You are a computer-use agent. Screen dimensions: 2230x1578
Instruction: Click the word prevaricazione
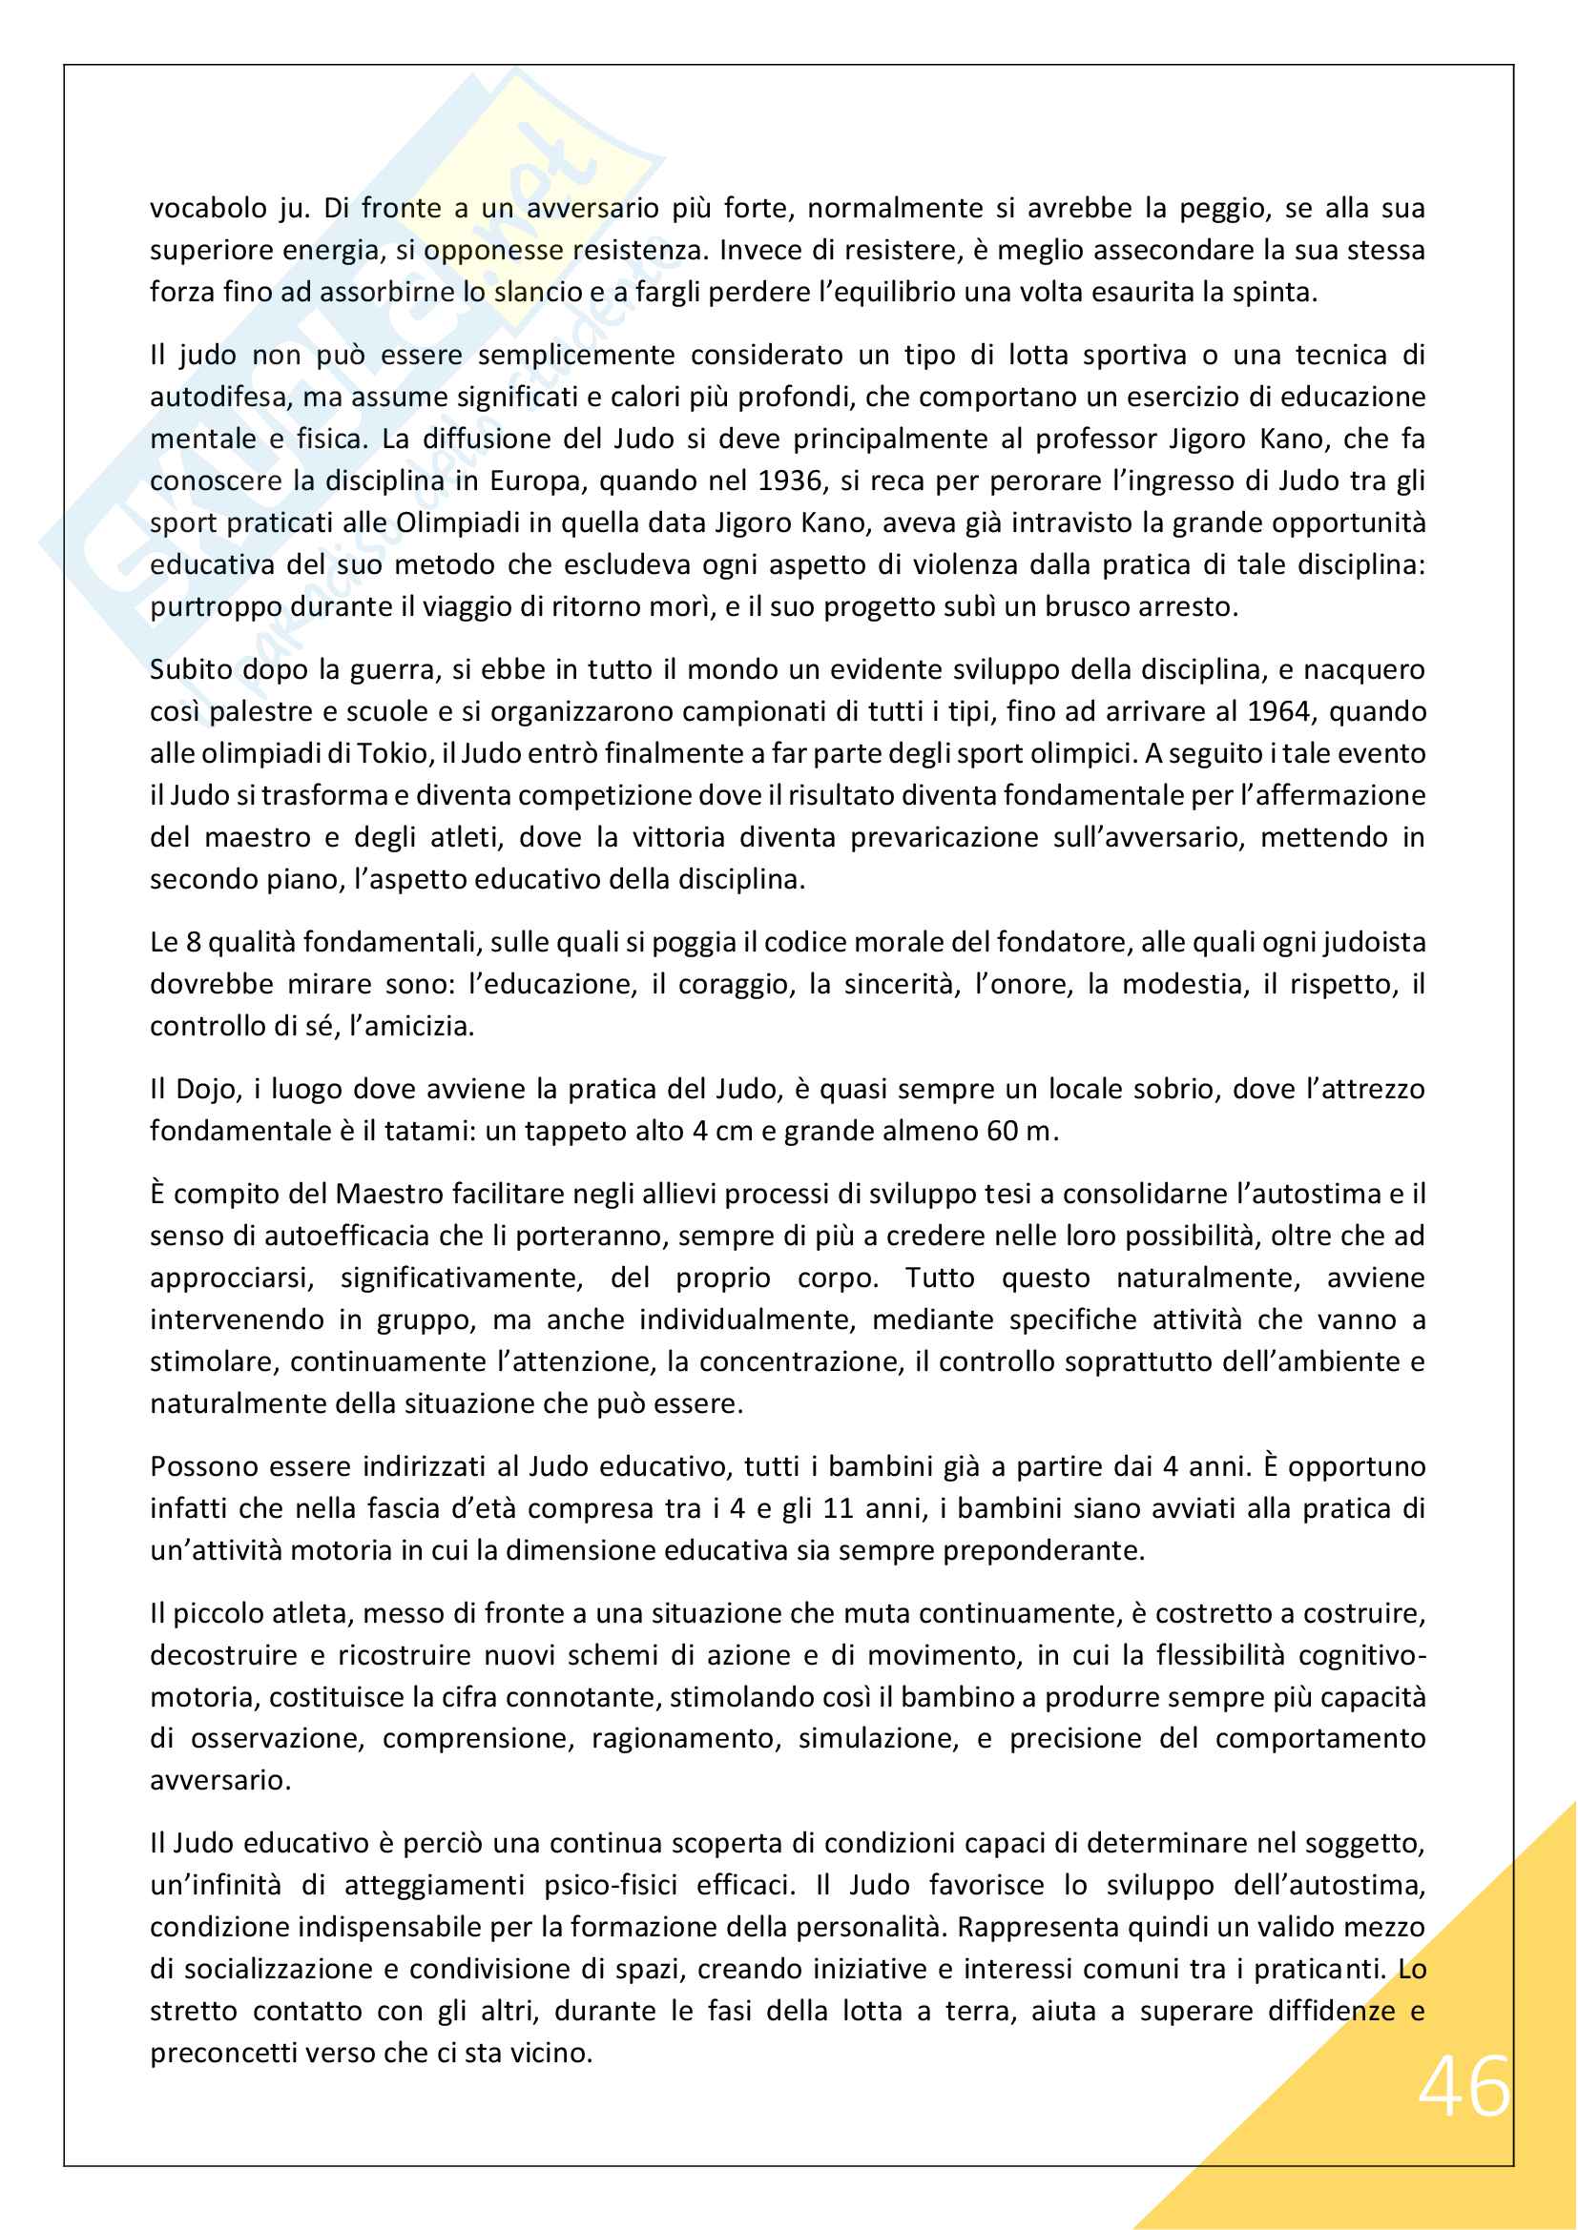[x=945, y=838]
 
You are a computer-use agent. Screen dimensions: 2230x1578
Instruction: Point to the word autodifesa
[x=218, y=398]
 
